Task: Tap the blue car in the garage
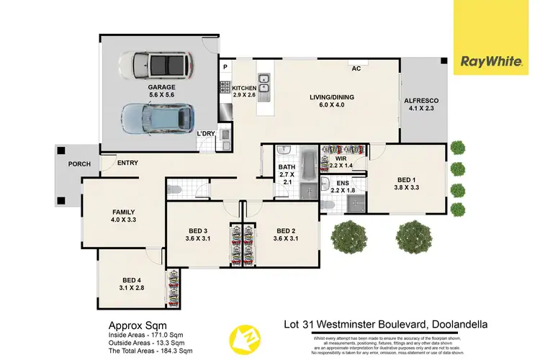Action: pos(153,116)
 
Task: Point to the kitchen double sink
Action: pos(264,84)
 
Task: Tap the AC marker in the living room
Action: pos(356,69)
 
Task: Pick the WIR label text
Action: pos(342,157)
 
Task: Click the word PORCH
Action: pos(79,163)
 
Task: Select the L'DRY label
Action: pos(207,135)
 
